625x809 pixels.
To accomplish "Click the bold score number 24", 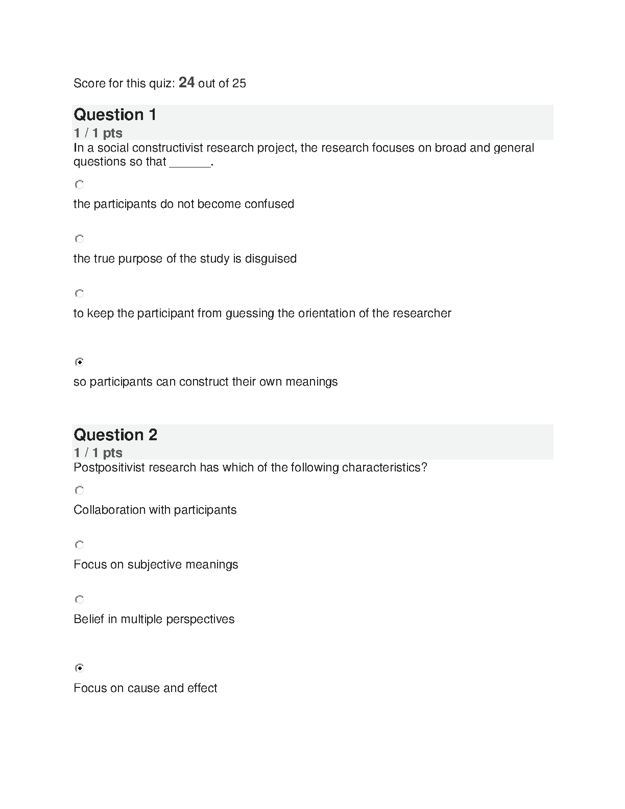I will pyautogui.click(x=186, y=82).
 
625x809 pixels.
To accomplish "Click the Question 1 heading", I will pyautogui.click(x=115, y=114).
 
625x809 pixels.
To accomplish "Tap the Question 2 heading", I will pyautogui.click(x=115, y=435).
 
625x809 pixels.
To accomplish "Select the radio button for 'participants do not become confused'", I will pyautogui.click(x=79, y=184).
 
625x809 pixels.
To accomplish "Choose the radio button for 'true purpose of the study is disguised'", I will pyautogui.click(x=79, y=239).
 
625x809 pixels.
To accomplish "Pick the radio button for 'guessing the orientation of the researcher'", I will pyautogui.click(x=79, y=293).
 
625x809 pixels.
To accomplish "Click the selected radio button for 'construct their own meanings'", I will pyautogui.click(x=79, y=362).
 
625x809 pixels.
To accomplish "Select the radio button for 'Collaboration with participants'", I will pyautogui.click(x=79, y=490).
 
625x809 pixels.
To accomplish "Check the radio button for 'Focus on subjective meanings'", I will pyautogui.click(x=79, y=544).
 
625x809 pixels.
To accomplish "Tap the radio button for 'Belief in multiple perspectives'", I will pyautogui.click(x=79, y=599).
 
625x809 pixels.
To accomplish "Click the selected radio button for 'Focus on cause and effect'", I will pyautogui.click(x=79, y=668).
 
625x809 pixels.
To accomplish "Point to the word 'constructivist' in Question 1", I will pyautogui.click(x=168, y=148).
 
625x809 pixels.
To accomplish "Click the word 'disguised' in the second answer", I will pyautogui.click(x=271, y=258).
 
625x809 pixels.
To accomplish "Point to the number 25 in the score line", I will pyautogui.click(x=239, y=83).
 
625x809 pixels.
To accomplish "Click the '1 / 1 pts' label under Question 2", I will pyautogui.click(x=98, y=453).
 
